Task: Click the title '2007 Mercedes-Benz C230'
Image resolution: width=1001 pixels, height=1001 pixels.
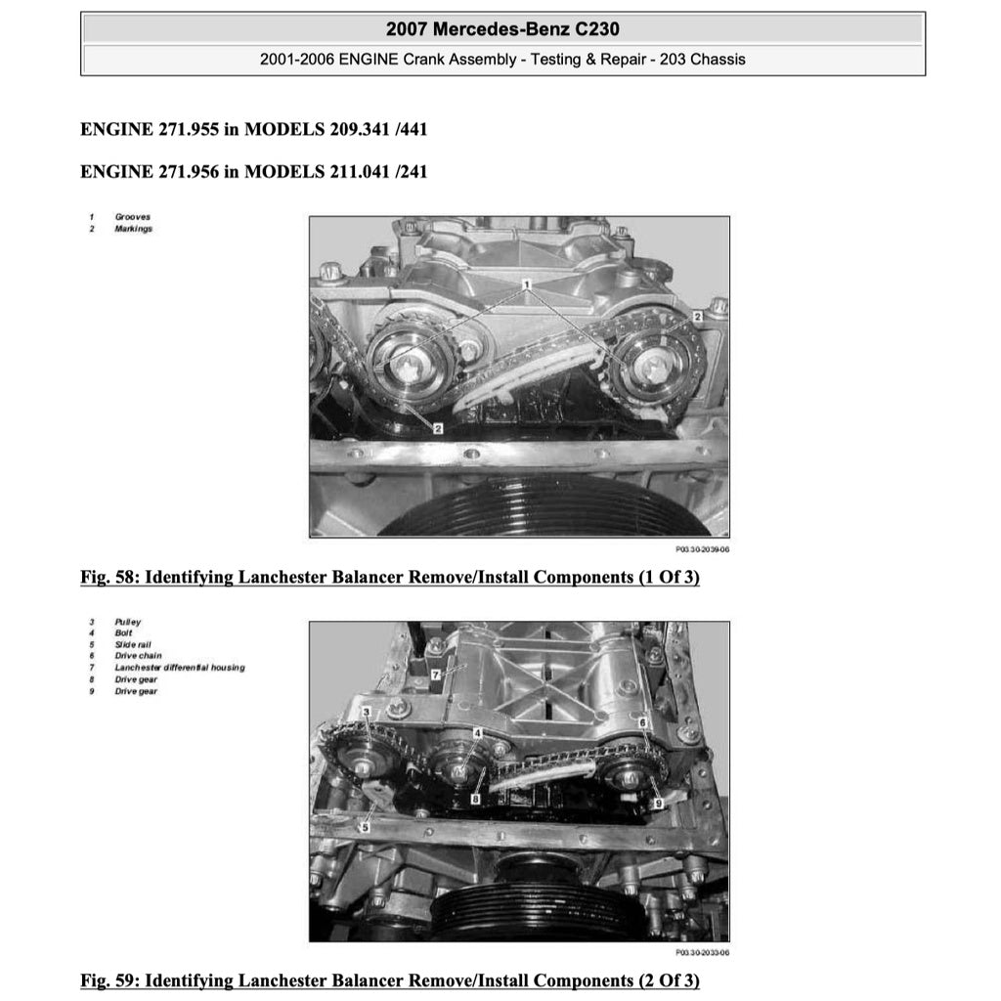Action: [502, 28]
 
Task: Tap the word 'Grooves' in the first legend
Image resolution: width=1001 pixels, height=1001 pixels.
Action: [132, 217]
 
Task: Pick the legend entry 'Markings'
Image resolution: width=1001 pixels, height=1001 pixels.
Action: [133, 229]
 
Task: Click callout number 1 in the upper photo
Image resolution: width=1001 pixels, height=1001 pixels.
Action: [526, 284]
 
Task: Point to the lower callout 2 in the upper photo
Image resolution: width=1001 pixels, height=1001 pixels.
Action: [438, 428]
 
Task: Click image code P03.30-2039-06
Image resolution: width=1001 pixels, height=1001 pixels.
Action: [702, 549]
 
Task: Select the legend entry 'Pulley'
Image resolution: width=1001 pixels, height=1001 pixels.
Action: [127, 622]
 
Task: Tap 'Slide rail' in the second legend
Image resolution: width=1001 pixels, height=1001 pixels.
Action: [134, 645]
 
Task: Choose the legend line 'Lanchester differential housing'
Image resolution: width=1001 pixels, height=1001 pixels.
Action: [179, 668]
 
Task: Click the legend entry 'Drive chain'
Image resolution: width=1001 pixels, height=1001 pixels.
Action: [138, 656]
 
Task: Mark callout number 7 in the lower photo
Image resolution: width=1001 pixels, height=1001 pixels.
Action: [435, 675]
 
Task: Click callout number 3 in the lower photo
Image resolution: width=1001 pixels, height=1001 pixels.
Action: [366, 713]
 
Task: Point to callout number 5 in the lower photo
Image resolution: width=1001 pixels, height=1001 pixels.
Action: [365, 827]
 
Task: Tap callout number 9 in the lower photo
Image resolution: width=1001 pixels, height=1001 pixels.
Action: [658, 803]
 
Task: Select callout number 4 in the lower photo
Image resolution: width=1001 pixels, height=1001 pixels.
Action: [477, 733]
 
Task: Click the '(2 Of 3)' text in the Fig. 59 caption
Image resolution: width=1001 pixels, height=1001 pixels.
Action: [668, 980]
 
